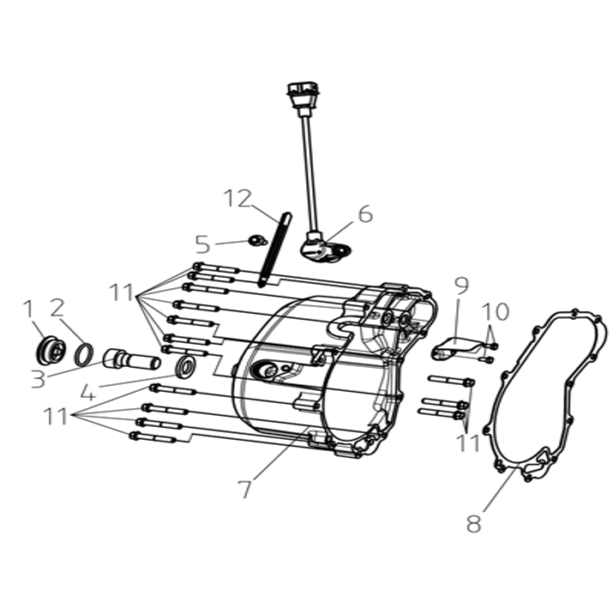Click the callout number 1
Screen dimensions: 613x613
click(x=27, y=309)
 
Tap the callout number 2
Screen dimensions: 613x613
click(x=57, y=308)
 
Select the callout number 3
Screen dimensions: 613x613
click(x=38, y=379)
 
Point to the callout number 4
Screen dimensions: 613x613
click(x=88, y=392)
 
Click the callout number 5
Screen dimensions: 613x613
click(x=203, y=244)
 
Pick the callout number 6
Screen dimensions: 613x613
click(x=365, y=214)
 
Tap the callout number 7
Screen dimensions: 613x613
click(x=245, y=489)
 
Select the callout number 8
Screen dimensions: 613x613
click(x=474, y=524)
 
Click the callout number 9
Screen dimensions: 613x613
click(x=462, y=286)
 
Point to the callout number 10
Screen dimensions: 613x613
click(x=495, y=311)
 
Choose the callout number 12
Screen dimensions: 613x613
click(x=237, y=199)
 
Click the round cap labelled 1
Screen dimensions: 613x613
click(x=51, y=351)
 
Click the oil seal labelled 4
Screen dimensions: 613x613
click(x=187, y=367)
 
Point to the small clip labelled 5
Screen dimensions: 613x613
click(x=257, y=240)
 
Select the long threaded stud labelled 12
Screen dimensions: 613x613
click(x=275, y=249)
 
